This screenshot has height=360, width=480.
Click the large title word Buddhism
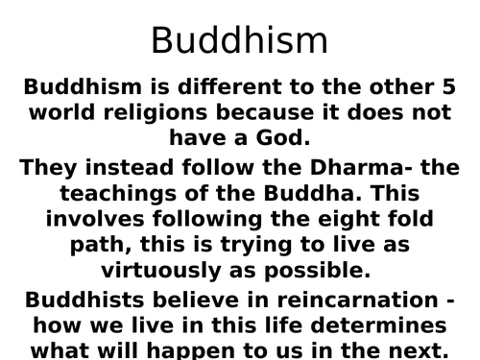pyautogui.click(x=240, y=40)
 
